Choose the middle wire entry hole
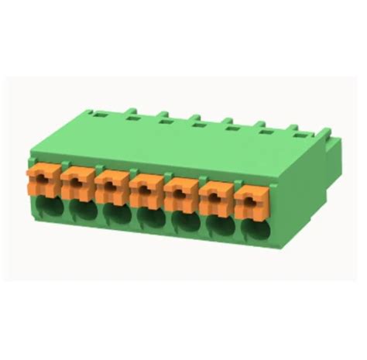click(150, 217)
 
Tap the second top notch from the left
click(128, 116)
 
